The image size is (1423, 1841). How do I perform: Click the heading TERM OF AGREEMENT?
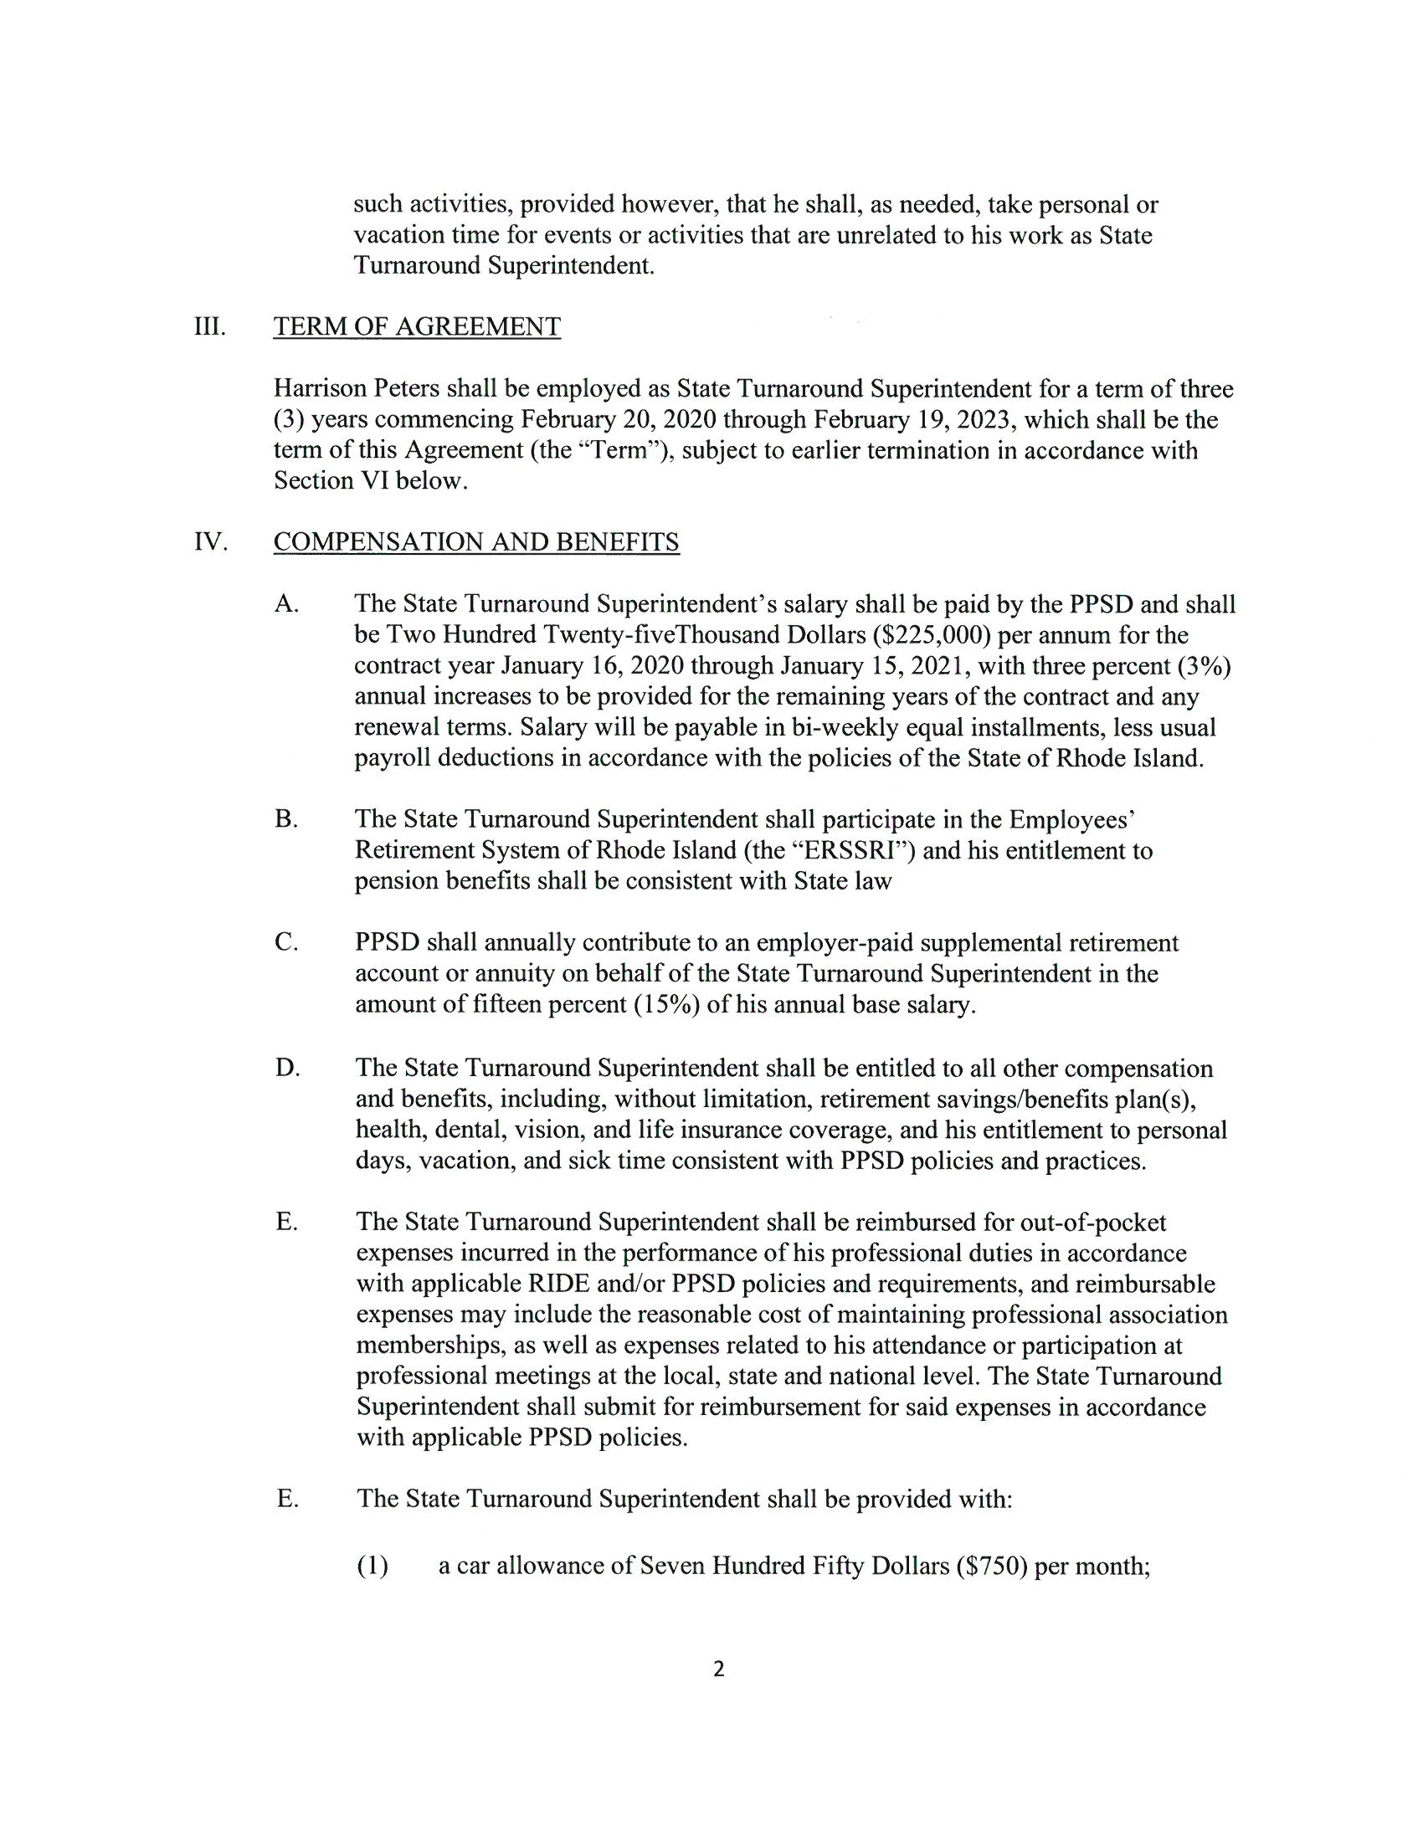click(x=417, y=327)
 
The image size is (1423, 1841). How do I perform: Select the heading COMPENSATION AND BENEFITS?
click(x=476, y=542)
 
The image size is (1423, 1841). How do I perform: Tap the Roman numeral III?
click(x=210, y=327)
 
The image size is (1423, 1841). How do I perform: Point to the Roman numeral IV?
click(x=211, y=542)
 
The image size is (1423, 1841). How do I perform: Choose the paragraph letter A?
click(x=286, y=603)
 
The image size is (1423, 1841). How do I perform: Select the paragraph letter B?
click(x=285, y=819)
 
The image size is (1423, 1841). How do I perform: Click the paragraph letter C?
click(x=285, y=942)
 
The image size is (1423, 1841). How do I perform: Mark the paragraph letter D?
click(x=286, y=1068)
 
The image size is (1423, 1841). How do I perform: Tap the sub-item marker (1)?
click(x=372, y=1566)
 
